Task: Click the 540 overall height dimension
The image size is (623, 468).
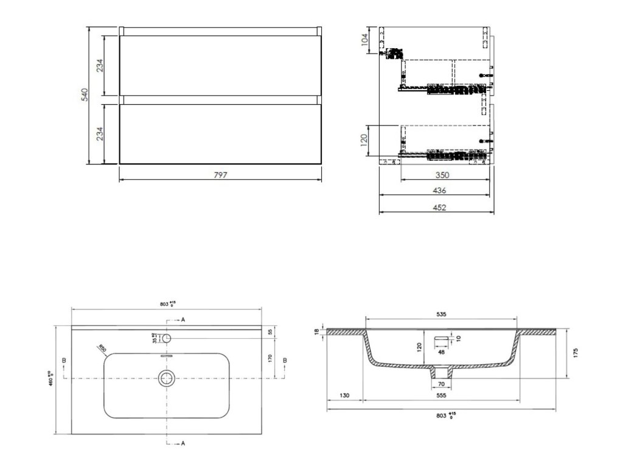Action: click(x=85, y=95)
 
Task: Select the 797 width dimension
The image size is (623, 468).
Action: click(x=220, y=175)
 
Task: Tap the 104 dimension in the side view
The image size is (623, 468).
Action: click(x=364, y=40)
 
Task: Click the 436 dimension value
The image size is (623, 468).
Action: click(x=439, y=190)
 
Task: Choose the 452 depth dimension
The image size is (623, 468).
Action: click(x=439, y=207)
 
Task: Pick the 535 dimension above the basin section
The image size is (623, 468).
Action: click(x=441, y=314)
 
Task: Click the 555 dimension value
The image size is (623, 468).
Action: click(x=441, y=395)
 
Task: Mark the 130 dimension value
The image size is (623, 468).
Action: click(x=345, y=395)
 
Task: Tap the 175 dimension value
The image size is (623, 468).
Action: click(x=575, y=353)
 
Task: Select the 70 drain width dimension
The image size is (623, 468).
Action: click(x=441, y=384)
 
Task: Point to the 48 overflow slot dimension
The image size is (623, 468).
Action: click(x=441, y=351)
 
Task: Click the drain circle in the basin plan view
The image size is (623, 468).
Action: click(x=167, y=378)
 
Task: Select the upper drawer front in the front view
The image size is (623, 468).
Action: click(x=220, y=66)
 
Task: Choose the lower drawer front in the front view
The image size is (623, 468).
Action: click(x=220, y=135)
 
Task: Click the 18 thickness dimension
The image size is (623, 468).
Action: click(x=317, y=331)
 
